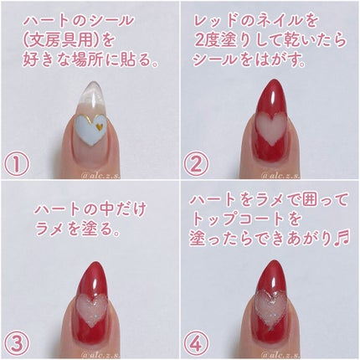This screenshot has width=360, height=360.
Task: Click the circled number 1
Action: tap(17, 164)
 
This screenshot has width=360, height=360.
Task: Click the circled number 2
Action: tap(196, 164)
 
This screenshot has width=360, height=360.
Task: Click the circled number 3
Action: tap(17, 343)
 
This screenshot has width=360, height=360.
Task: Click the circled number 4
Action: tap(196, 343)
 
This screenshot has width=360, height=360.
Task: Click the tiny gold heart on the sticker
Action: tap(99, 126)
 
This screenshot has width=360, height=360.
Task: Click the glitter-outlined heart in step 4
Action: tap(270, 310)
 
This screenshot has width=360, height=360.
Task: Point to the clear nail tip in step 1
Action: tap(91, 85)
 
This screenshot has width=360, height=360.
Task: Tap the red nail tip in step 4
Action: tap(272, 264)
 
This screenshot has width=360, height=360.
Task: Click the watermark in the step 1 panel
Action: tap(100, 176)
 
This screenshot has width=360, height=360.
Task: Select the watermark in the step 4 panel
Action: tap(280, 355)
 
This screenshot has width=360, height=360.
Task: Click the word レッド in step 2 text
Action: tap(215, 21)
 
